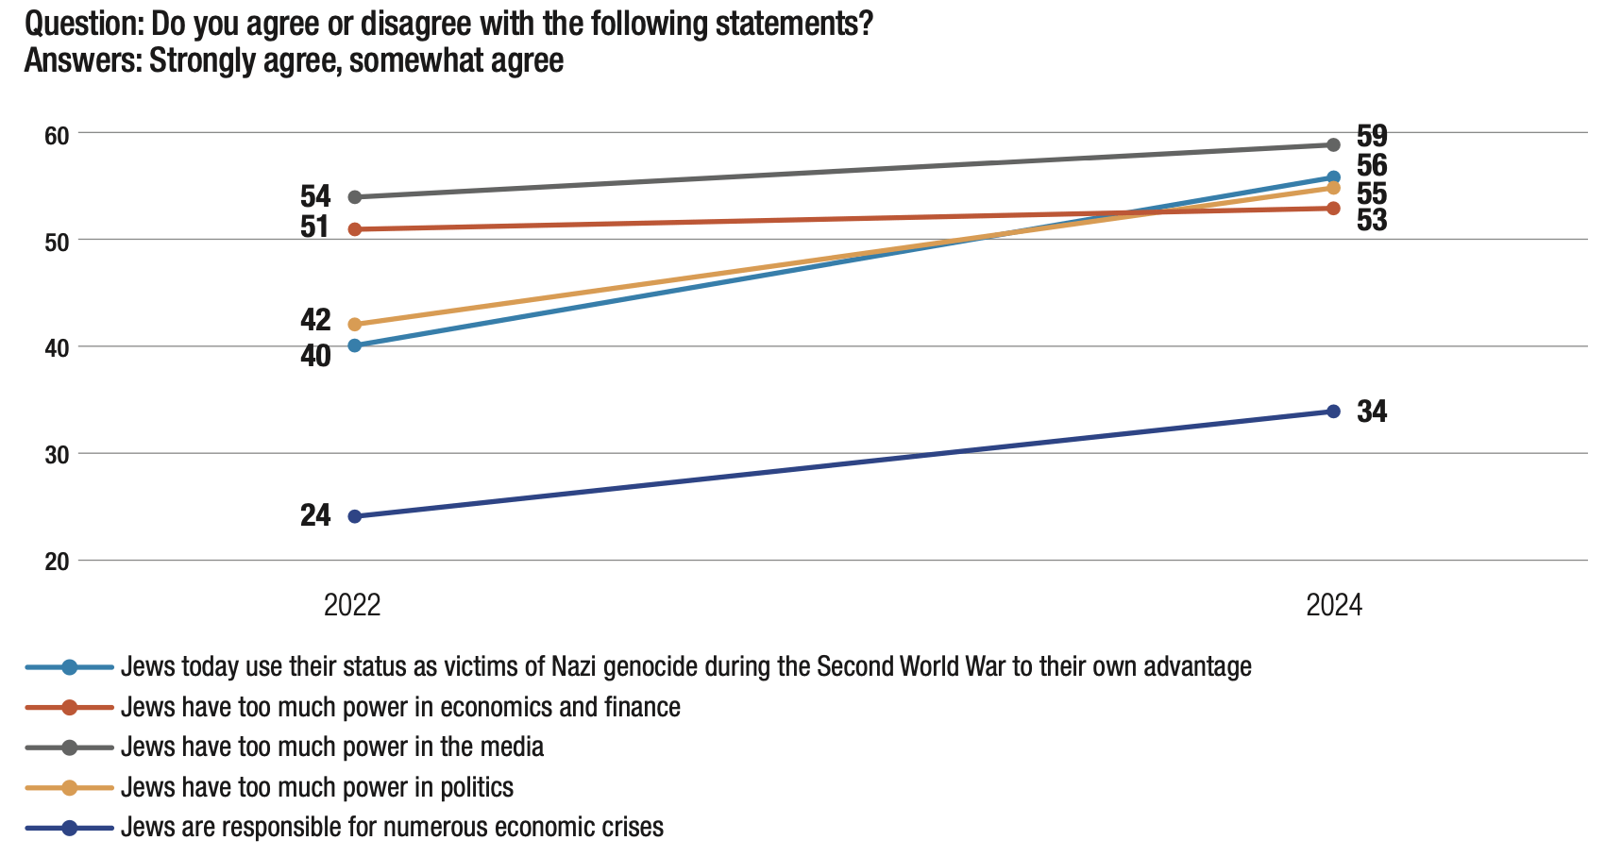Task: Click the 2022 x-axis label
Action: [352, 605]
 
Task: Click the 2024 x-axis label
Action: [1334, 605]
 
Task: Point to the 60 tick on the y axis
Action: [57, 135]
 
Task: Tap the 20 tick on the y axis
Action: [57, 562]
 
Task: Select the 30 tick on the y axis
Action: [57, 455]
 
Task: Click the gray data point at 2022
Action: [355, 197]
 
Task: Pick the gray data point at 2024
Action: [1334, 145]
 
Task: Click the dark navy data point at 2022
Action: [355, 516]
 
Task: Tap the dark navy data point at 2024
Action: [1334, 412]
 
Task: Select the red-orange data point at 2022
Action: [355, 229]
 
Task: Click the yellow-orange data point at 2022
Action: [355, 325]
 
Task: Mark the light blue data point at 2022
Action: [355, 345]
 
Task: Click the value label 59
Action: [1372, 136]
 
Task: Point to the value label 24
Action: [315, 515]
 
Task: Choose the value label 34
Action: [1372, 412]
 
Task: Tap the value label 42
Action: [315, 320]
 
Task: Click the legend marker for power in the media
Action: [69, 748]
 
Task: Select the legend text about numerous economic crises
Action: [392, 828]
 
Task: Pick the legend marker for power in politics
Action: [69, 787]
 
